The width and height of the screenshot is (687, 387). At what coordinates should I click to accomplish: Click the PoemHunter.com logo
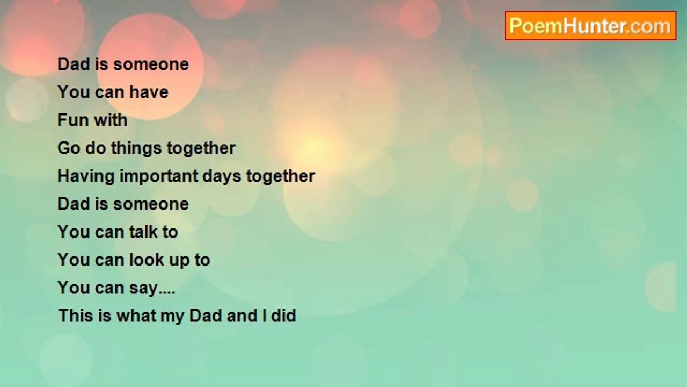point(590,26)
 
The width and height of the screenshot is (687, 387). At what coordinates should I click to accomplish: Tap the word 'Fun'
point(72,120)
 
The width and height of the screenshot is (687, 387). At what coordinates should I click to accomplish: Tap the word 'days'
point(222,177)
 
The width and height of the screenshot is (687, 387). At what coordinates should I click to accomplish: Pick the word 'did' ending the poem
point(284,316)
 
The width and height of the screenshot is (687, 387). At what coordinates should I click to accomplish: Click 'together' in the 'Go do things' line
point(201,149)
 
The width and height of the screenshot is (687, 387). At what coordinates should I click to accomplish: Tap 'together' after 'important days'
point(281,177)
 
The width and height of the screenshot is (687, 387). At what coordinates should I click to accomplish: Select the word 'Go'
point(69,148)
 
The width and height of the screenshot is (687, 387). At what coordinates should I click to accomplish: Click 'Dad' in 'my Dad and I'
point(205,316)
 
